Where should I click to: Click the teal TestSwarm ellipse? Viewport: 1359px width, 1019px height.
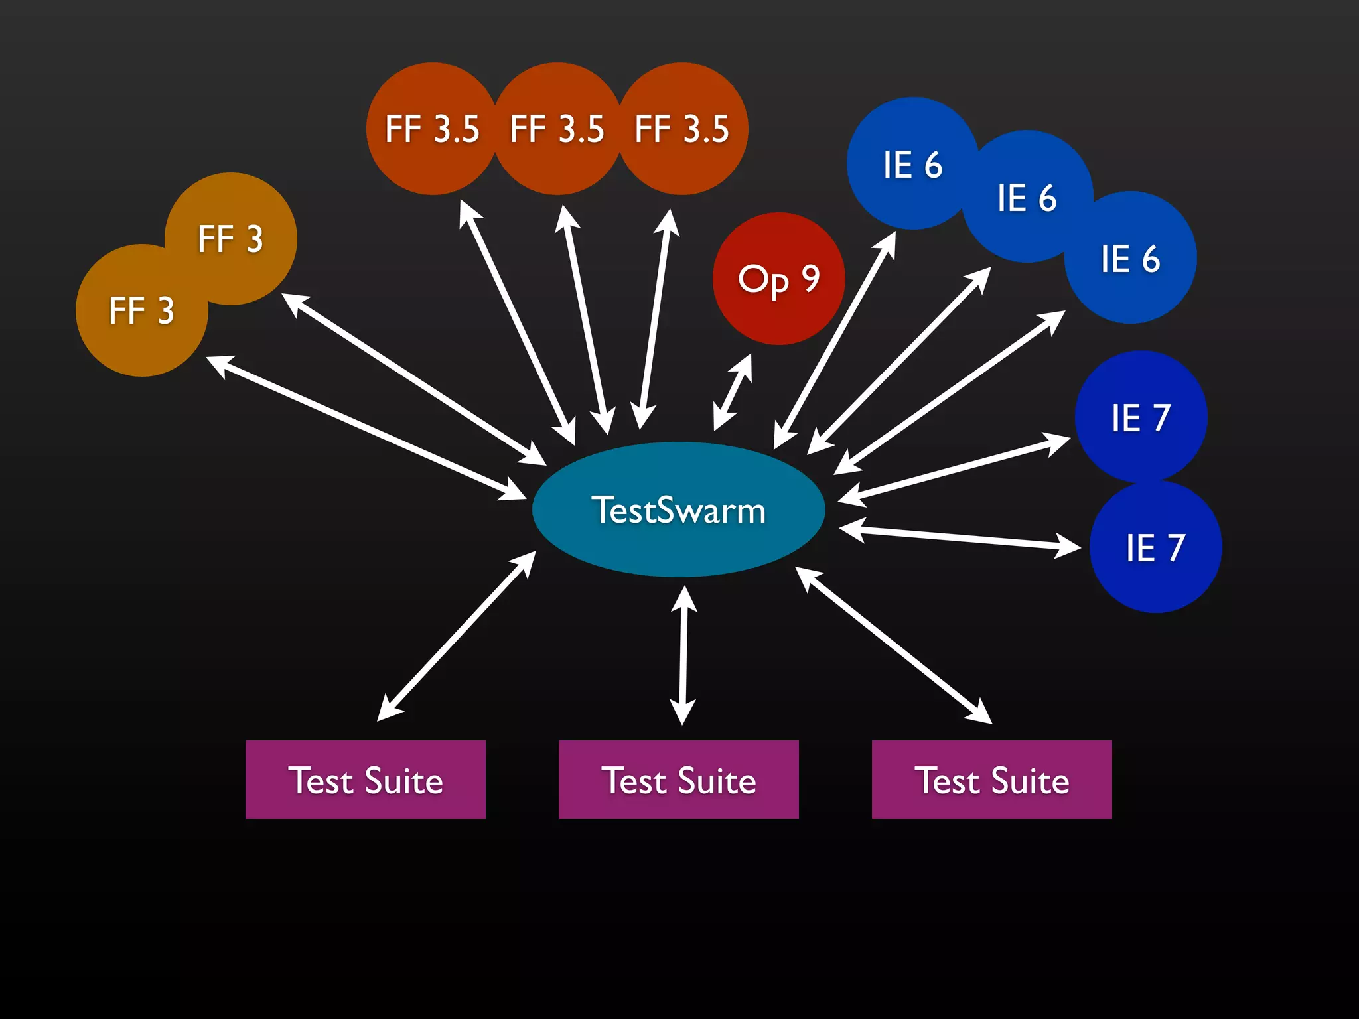pos(678,509)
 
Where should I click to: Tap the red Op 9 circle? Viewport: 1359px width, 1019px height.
pos(778,279)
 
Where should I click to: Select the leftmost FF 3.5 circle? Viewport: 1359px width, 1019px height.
pos(432,129)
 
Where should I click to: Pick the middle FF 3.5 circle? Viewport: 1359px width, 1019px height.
pos(557,129)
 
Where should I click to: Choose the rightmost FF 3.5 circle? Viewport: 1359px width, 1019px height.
pos(682,129)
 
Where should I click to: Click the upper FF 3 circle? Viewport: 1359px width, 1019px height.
pos(231,239)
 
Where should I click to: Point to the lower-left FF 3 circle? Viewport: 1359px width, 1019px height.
pos(141,310)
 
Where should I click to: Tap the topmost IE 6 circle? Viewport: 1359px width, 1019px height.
pos(912,164)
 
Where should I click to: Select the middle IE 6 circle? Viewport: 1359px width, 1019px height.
pos(1027,197)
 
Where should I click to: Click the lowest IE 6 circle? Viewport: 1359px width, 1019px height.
pos(1130,258)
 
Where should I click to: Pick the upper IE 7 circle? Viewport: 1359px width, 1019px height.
pos(1141,417)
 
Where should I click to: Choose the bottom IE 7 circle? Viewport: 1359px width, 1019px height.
pos(1155,547)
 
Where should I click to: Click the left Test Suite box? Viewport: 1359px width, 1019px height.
pos(366,780)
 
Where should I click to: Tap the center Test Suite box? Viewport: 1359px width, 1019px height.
pos(679,780)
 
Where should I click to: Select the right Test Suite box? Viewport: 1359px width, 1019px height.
pos(992,780)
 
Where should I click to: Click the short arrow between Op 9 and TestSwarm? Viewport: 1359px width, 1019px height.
pos(733,392)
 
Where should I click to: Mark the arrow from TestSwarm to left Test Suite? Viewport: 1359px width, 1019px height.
pos(457,636)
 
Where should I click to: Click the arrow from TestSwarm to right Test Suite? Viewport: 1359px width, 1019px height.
pos(893,645)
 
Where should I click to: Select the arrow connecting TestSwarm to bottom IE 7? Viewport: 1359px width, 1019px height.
pos(960,538)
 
